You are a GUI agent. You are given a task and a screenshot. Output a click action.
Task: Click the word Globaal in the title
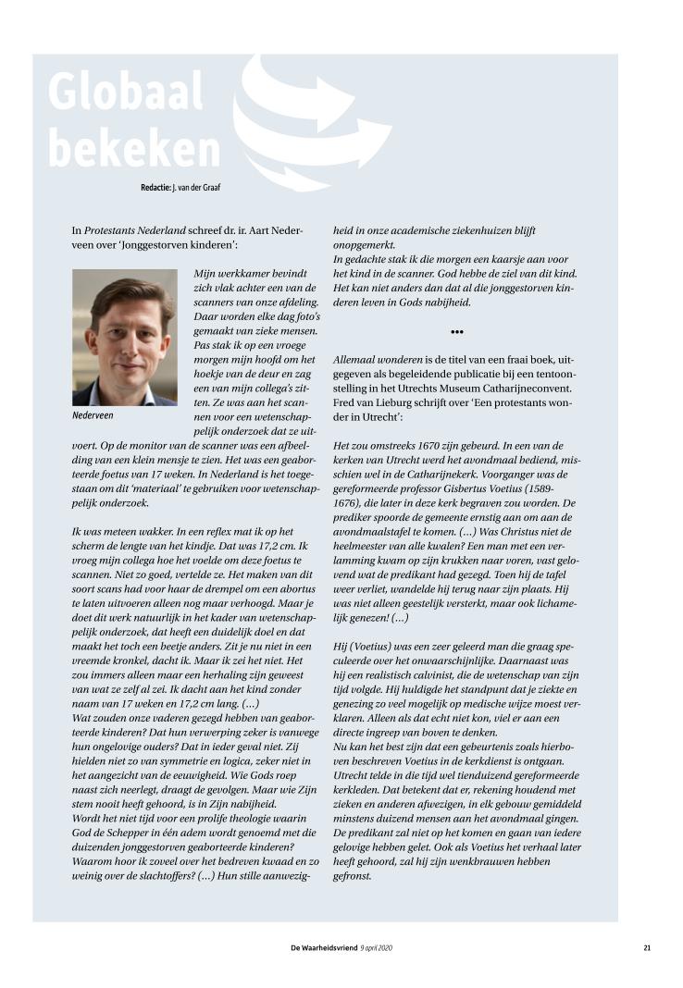point(125,92)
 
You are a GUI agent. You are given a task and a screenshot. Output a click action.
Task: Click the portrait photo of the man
point(124,338)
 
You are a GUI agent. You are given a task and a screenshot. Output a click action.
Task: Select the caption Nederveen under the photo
point(93,416)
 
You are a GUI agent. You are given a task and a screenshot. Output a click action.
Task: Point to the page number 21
point(648,946)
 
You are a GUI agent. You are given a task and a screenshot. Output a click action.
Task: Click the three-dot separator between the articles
point(457,331)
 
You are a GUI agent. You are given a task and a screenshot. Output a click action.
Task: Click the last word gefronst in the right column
point(352,876)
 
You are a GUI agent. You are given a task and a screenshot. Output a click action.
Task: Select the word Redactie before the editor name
point(155,187)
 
